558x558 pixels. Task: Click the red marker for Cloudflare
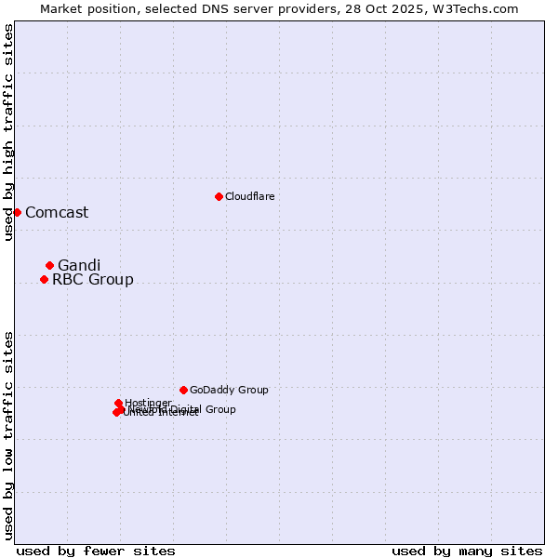point(219,196)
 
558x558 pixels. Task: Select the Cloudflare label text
point(249,196)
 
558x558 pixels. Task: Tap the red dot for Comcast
point(17,212)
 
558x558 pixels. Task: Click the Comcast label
point(57,212)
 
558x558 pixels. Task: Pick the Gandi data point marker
point(49,265)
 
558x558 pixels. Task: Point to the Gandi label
point(79,265)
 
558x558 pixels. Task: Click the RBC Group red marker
point(44,279)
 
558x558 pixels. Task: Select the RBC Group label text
point(92,279)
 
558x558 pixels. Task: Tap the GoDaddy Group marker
point(183,390)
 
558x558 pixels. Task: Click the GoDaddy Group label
point(229,390)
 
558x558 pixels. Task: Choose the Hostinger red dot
point(118,403)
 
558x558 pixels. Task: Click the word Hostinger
point(148,403)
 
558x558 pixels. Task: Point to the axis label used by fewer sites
point(96,551)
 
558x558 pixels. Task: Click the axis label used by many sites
point(467,551)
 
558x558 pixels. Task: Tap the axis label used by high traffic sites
point(8,132)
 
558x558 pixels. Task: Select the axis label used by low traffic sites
point(8,435)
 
